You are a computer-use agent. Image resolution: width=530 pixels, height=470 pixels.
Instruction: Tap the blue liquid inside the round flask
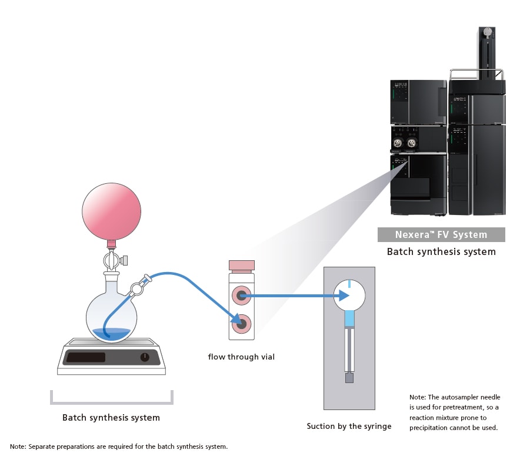(x=111, y=333)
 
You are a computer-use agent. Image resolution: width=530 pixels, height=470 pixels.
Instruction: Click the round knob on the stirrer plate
(x=145, y=357)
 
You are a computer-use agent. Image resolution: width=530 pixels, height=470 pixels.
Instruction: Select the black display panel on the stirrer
(x=85, y=357)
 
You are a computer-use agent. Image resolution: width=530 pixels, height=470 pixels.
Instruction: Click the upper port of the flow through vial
(x=242, y=296)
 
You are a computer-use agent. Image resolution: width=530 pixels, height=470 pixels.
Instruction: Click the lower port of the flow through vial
(x=242, y=322)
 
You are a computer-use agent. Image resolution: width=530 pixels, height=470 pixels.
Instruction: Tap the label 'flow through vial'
(x=241, y=357)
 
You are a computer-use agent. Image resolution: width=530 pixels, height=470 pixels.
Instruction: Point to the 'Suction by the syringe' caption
(x=349, y=426)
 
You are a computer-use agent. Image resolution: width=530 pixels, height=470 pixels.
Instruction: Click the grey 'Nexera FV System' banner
(x=441, y=235)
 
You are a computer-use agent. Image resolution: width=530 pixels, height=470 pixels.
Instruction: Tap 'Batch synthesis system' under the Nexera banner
(x=441, y=251)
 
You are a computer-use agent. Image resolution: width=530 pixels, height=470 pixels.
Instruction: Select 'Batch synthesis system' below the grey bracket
(x=111, y=418)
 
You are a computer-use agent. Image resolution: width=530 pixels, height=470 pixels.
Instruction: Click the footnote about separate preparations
(x=118, y=446)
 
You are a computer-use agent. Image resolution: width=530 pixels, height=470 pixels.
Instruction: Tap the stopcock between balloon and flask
(x=112, y=258)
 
